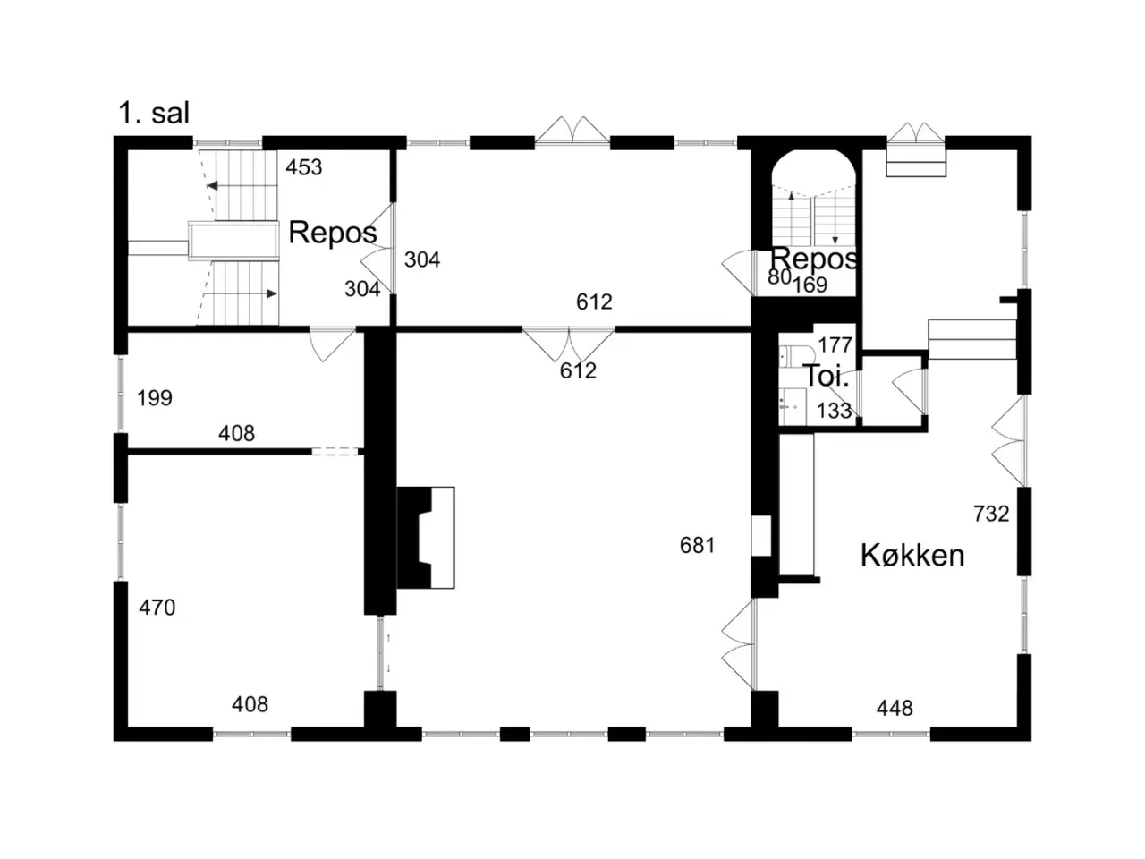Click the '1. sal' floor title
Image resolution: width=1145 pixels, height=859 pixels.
(x=154, y=113)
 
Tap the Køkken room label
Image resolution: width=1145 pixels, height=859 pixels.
(x=912, y=555)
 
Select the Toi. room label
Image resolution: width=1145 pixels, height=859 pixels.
(x=827, y=376)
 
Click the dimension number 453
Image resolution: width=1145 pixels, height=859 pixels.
(x=303, y=167)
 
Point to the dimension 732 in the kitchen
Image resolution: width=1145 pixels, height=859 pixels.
(x=991, y=514)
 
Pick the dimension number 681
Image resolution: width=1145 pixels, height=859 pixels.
(x=698, y=546)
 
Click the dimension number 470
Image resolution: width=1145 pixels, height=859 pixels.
(x=157, y=608)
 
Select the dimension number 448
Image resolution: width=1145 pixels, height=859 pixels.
(x=895, y=709)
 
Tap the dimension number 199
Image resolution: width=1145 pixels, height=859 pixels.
(x=155, y=398)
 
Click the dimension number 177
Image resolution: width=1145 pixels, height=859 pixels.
(x=835, y=344)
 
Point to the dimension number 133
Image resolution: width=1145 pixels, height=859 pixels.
(x=834, y=411)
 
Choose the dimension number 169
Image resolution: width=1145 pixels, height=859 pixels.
(x=810, y=285)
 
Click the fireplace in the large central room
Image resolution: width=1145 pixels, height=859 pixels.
(x=425, y=538)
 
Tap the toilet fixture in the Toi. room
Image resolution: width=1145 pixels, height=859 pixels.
(x=796, y=356)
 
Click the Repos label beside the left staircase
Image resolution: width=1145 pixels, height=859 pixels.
(x=332, y=233)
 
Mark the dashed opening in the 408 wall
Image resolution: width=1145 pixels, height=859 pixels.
(x=335, y=451)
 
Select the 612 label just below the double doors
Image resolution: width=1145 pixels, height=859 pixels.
(x=578, y=370)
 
